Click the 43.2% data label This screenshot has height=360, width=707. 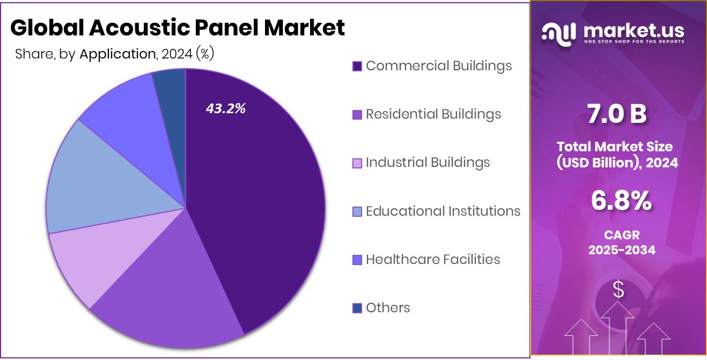(225, 108)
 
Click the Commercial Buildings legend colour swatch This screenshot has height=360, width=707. (357, 66)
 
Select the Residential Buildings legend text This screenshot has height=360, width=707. (433, 114)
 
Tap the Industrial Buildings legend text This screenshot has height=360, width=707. (428, 163)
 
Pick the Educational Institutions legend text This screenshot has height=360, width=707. (443, 211)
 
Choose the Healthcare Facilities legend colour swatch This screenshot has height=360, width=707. (357, 260)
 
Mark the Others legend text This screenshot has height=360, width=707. (388, 308)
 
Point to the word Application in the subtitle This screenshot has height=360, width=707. (117, 54)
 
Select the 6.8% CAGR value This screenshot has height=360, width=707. (621, 201)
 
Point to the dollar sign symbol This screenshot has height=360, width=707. (618, 290)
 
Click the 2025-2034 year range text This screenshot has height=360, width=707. (621, 249)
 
